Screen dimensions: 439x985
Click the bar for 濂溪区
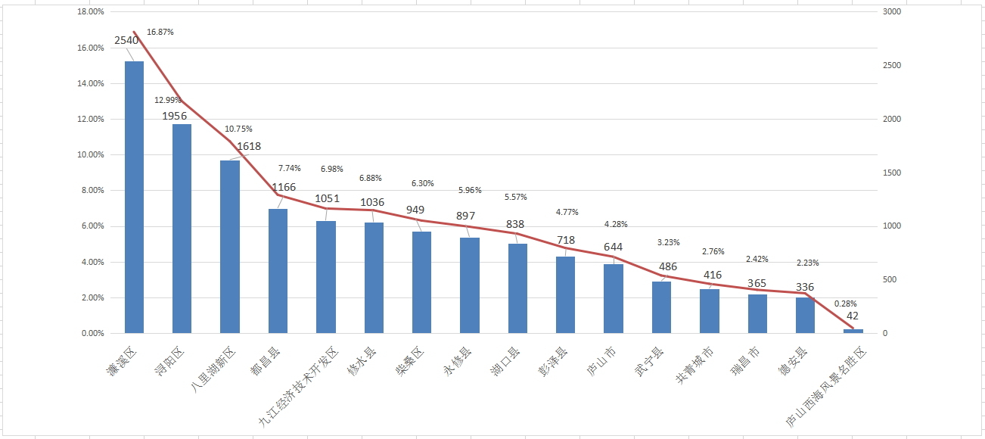tap(134, 197)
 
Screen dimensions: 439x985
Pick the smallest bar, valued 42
tap(853, 331)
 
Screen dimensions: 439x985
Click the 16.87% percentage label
tap(160, 33)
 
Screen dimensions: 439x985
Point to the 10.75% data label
tap(238, 129)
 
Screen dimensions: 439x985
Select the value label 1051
tap(328, 199)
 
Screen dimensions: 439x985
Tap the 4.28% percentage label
tap(616, 224)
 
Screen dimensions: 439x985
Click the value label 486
tap(668, 267)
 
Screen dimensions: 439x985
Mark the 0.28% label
tap(845, 304)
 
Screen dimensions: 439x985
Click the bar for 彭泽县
tap(565, 295)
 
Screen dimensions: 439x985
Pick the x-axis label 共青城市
tap(694, 366)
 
